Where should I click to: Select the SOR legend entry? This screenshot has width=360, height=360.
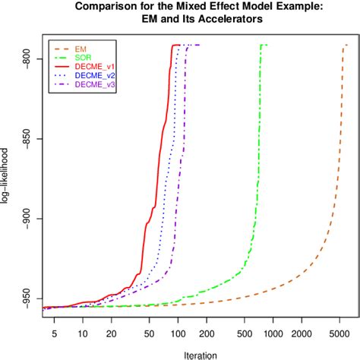84,57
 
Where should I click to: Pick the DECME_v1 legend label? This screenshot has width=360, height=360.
94,67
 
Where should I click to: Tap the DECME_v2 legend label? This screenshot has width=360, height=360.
94,76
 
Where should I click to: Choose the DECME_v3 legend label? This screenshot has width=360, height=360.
94,85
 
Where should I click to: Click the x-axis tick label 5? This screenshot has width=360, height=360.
54,332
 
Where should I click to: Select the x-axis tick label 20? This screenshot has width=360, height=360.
111,332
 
